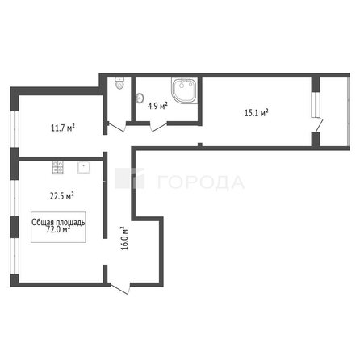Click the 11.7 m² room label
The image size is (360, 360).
[x=62, y=126]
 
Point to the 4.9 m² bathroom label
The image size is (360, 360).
[x=158, y=105]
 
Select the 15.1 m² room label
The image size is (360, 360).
[x=257, y=112]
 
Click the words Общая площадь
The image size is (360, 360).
[x=58, y=220]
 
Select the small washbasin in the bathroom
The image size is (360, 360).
[x=140, y=101]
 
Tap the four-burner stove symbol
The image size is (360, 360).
[x=58, y=169]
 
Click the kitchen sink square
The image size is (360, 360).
[x=82, y=169]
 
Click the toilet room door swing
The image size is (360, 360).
[x=116, y=127]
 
